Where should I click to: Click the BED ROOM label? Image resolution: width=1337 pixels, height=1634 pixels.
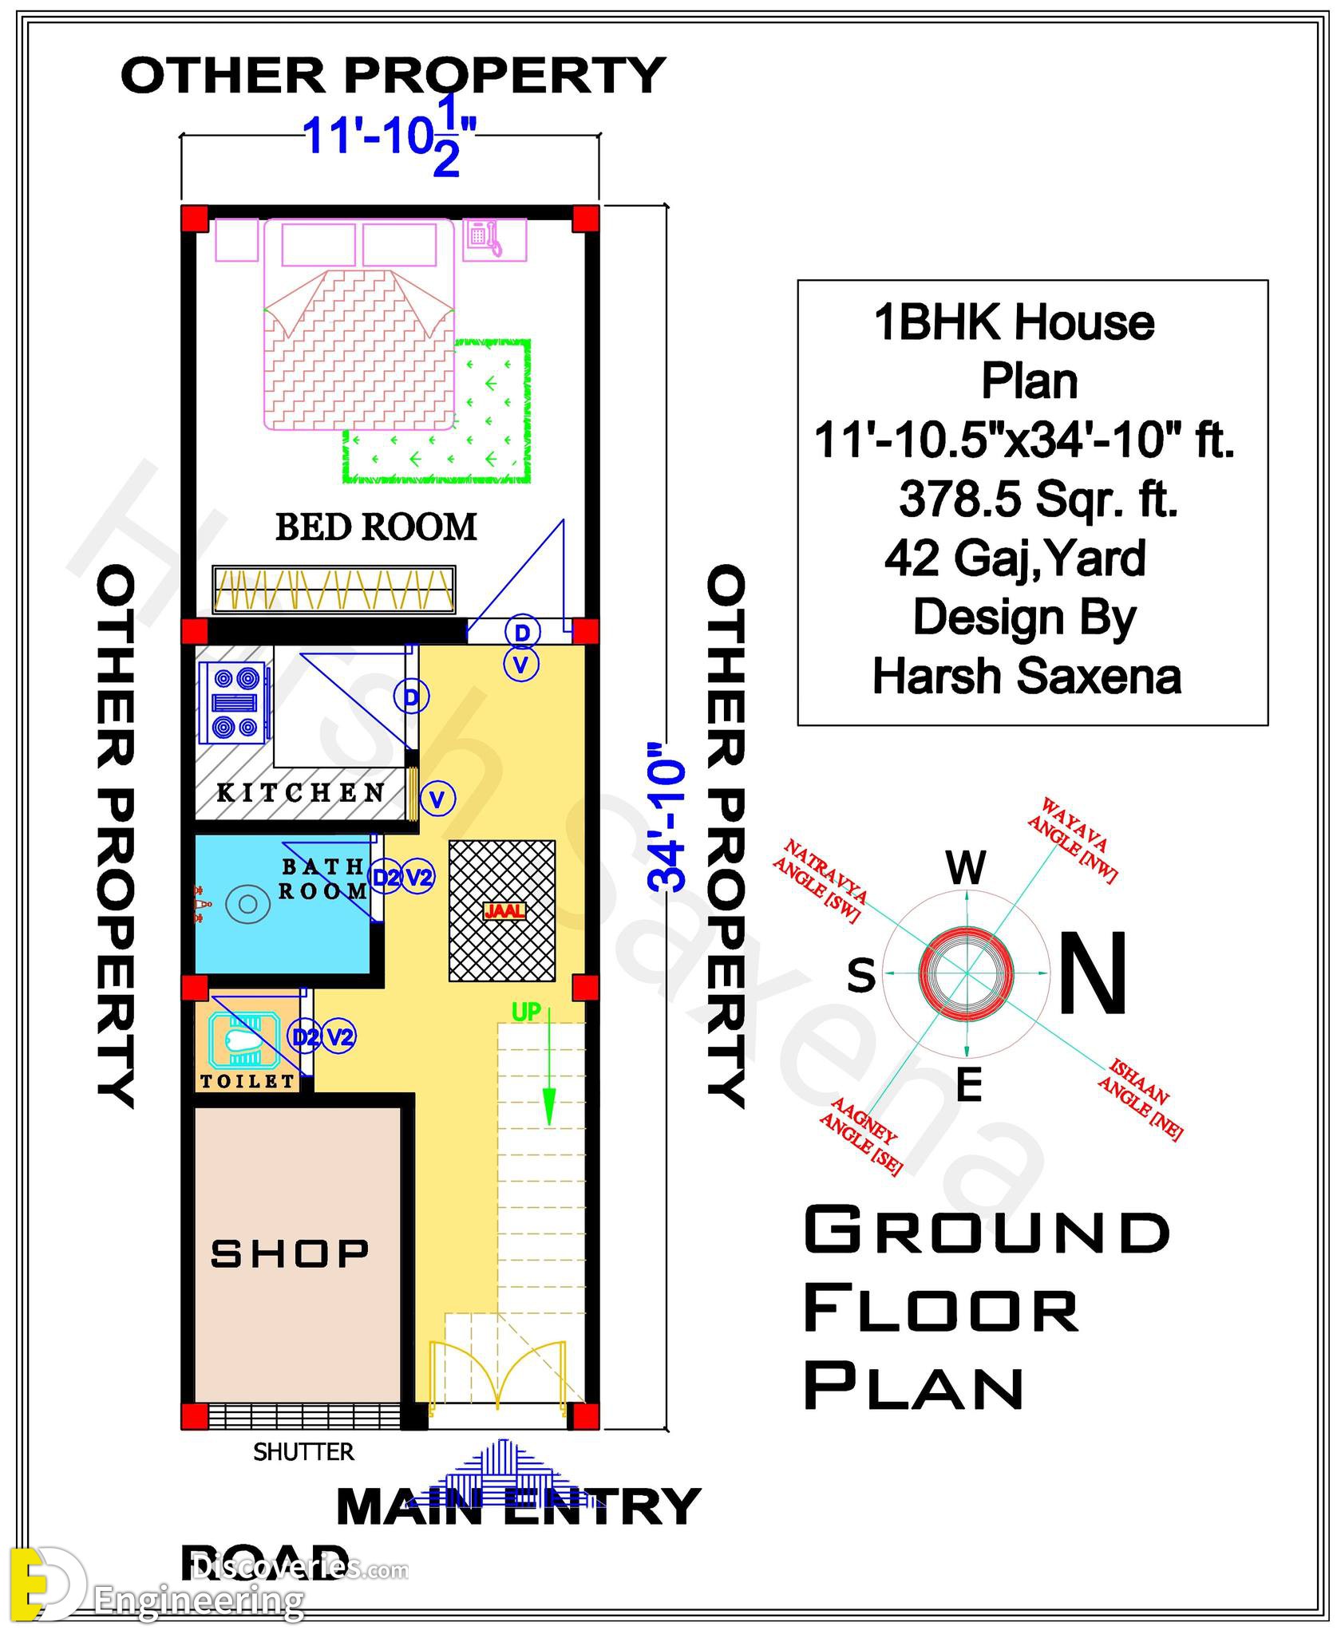tap(376, 527)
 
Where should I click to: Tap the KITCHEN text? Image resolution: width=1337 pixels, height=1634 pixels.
tap(301, 792)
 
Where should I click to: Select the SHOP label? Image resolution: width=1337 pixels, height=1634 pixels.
tap(290, 1253)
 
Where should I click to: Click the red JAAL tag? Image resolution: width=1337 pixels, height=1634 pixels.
tap(504, 910)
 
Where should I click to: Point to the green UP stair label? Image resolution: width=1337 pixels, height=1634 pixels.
tap(526, 1012)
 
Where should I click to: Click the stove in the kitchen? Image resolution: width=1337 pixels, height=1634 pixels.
tap(236, 702)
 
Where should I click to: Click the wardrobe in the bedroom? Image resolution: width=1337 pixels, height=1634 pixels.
tap(334, 590)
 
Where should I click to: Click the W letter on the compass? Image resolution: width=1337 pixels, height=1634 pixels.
tap(967, 867)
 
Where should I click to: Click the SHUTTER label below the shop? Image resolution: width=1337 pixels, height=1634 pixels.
tap(303, 1452)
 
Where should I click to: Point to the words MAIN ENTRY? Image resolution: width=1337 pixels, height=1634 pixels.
tap(518, 1507)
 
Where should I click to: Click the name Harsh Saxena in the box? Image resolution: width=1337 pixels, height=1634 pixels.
tap(1026, 677)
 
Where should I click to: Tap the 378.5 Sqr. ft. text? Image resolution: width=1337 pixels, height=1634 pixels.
tap(1038, 500)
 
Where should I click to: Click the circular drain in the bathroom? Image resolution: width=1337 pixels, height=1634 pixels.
tap(247, 904)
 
